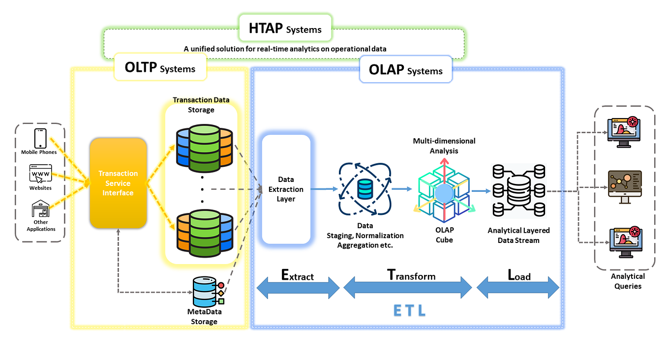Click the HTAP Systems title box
pos(285,29)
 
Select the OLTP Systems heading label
pos(160,67)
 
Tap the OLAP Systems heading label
pos(406,70)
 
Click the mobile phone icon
pos(40,138)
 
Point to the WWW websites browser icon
pos(40,174)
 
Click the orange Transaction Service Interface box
pos(118,183)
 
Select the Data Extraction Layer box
pos(286,189)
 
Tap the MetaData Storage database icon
pos(206,291)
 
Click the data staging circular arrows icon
pos(364,189)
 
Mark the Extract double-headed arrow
pos(298,288)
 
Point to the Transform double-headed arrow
pos(408,287)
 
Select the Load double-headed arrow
pos(518,287)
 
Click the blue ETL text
pos(409,311)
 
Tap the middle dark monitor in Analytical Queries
pos(625,185)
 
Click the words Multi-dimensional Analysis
pos(444,146)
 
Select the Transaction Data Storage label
pos(201,104)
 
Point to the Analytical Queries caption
pos(628,281)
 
